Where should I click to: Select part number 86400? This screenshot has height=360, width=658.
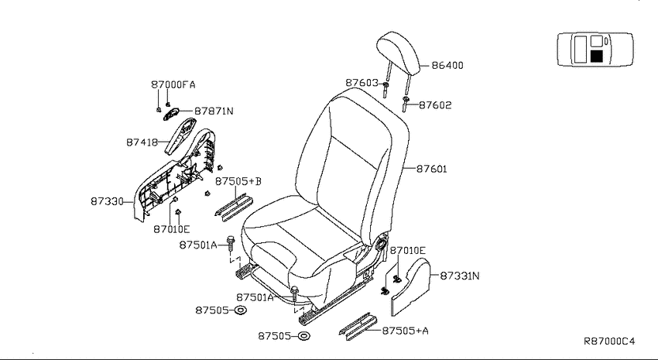(x=447, y=66)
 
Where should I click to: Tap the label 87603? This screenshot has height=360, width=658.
(x=362, y=83)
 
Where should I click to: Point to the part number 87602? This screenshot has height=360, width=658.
(x=435, y=105)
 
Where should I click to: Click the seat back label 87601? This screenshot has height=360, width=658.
(x=432, y=169)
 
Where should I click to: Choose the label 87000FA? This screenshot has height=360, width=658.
(x=173, y=84)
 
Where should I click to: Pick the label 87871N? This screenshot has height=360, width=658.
(x=214, y=111)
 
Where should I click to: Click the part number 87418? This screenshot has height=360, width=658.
(x=142, y=142)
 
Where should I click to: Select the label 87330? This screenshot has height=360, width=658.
(x=107, y=201)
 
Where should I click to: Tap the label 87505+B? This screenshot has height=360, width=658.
(x=238, y=181)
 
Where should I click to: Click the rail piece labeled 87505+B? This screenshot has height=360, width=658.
(x=234, y=207)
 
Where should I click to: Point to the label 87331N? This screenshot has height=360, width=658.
(x=460, y=276)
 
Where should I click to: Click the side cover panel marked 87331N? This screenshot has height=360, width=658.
(x=411, y=286)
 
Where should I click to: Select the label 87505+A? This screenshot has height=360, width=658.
(x=406, y=331)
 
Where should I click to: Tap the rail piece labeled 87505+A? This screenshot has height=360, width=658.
(x=358, y=327)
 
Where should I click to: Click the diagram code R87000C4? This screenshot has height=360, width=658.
(x=609, y=341)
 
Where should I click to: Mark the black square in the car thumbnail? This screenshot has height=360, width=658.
(x=596, y=57)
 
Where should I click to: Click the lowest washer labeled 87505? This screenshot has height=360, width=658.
(x=303, y=336)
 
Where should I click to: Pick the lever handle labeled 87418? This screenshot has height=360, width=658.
(x=179, y=136)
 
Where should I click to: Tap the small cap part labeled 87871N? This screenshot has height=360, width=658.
(x=170, y=114)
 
